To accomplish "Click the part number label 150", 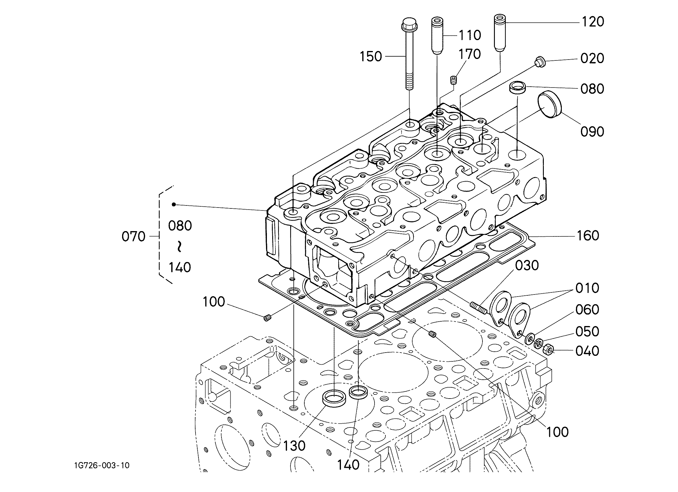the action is [x=371, y=57].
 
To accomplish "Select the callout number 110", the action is [x=470, y=35].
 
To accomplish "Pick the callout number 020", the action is [x=592, y=58].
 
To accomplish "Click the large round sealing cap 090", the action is [x=550, y=106].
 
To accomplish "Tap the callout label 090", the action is [x=592, y=132].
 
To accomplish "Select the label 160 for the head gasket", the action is [x=588, y=236].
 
